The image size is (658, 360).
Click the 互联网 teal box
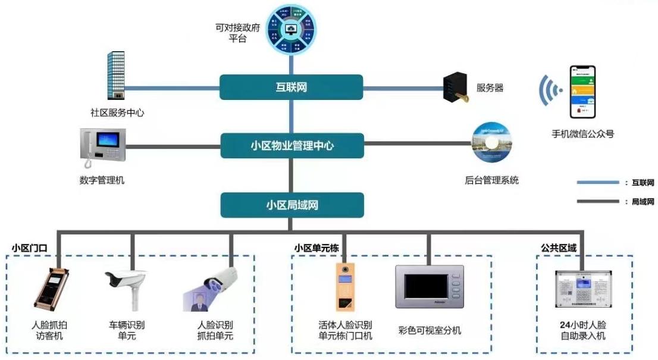pos(291,87)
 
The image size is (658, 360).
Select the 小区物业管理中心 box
pos(291,145)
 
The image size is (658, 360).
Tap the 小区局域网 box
pos(292,205)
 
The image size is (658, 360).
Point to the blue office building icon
pos(116,75)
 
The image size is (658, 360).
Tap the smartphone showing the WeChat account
pos(582,92)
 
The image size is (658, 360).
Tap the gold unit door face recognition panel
pos(344,287)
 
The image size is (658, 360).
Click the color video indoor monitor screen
pos(429,287)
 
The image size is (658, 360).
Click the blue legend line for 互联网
pos(597,183)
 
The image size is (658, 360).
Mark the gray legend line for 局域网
pos(597,202)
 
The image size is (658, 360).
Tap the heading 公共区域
pos(559,246)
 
